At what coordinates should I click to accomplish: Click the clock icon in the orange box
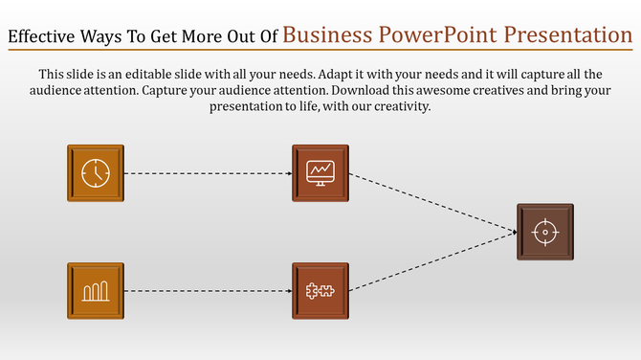[x=96, y=173]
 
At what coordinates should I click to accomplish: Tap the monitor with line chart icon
[x=320, y=173]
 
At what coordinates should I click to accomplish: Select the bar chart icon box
[x=96, y=290]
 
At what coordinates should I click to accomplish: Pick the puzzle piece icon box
[x=320, y=290]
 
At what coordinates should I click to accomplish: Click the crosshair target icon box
[x=544, y=232]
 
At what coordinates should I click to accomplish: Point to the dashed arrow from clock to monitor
[x=208, y=173]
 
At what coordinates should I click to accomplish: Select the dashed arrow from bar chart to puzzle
[x=208, y=290]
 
